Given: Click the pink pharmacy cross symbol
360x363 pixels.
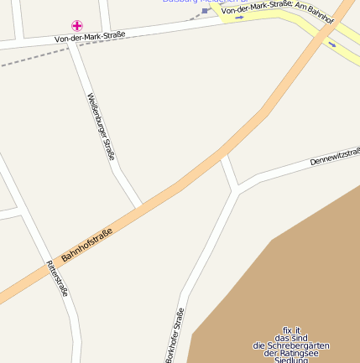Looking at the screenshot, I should coord(76,26).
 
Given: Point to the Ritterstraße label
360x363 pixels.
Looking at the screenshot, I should coord(56,278).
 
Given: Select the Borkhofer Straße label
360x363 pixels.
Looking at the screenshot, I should coord(174,335).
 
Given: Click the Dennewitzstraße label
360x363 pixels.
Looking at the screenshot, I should coord(335,153).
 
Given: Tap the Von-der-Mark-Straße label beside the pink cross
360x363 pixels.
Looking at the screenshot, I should coord(90,37).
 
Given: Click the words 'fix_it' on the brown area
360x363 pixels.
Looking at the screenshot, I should coord(291,329).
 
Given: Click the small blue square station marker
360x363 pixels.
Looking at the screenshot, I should coord(205,11).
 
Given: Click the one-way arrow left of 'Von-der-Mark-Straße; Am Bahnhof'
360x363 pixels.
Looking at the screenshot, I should coord(241,17).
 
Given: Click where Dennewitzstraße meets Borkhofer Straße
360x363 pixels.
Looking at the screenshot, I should coord(237,189).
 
